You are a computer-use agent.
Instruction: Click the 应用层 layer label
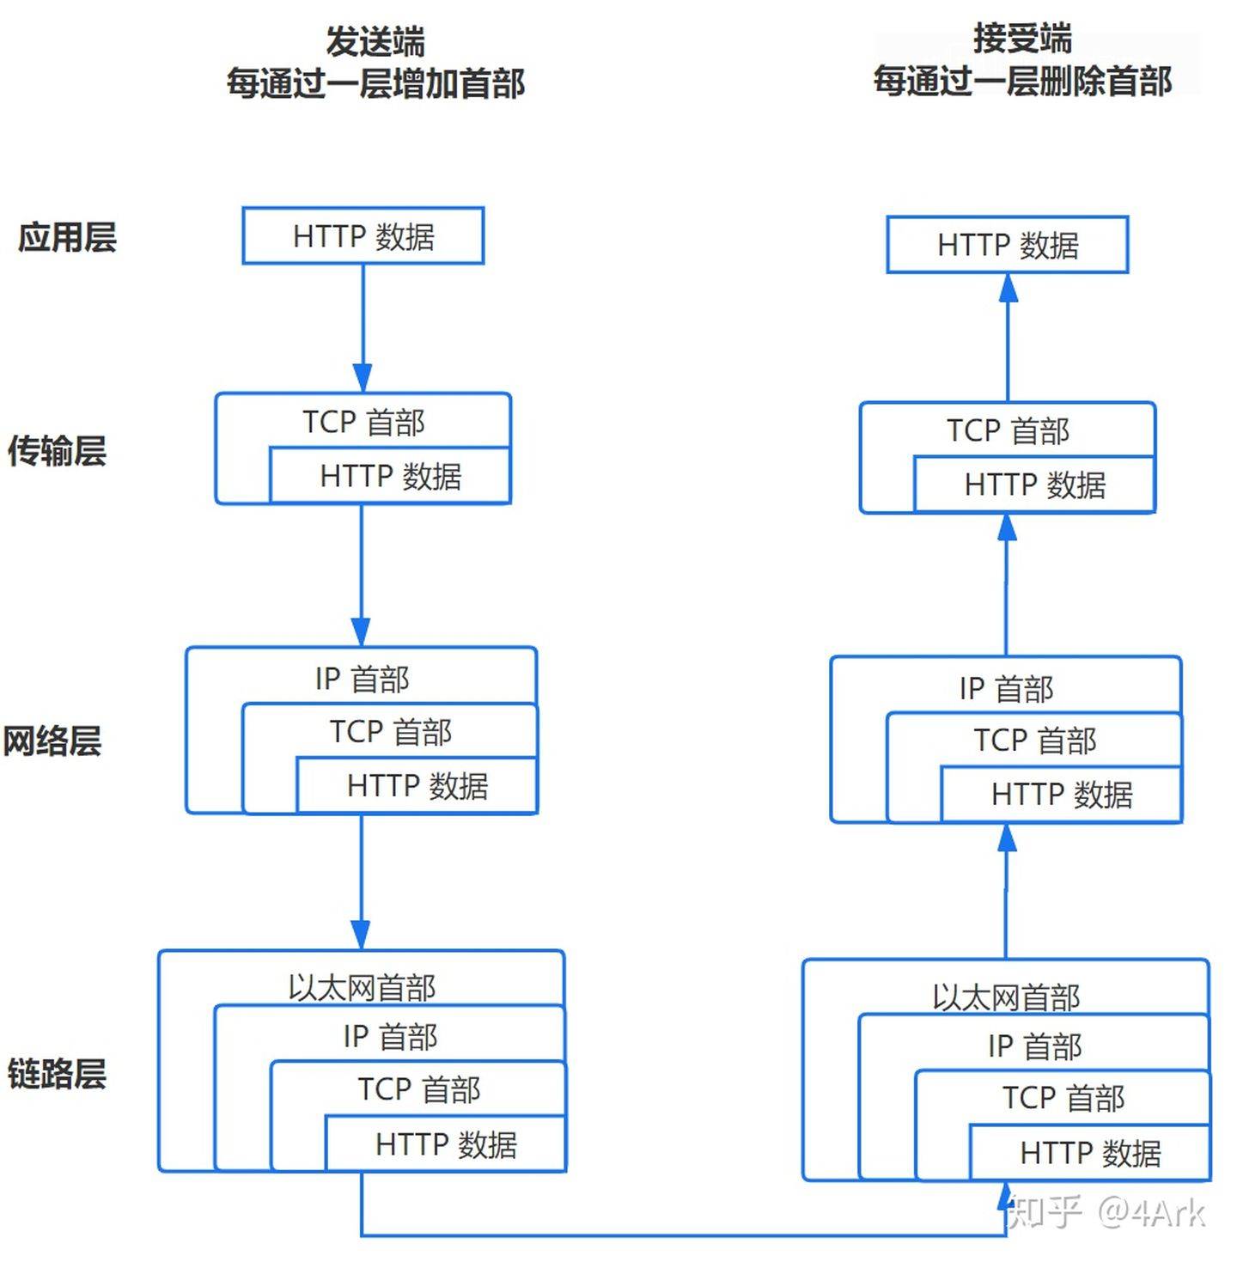pyautogui.click(x=67, y=237)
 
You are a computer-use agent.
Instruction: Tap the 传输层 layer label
pyautogui.click(x=57, y=450)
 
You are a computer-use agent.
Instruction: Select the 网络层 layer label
pyautogui.click(x=52, y=741)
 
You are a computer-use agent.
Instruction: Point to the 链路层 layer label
pyautogui.click(x=57, y=1074)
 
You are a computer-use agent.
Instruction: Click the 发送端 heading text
pyautogui.click(x=375, y=41)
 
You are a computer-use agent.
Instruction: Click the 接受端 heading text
pyautogui.click(x=1022, y=39)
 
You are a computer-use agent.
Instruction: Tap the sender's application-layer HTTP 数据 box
pyautogui.click(x=363, y=236)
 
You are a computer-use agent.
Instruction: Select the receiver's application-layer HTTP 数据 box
pyautogui.click(x=1008, y=245)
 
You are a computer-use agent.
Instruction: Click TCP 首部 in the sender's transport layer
pyautogui.click(x=363, y=422)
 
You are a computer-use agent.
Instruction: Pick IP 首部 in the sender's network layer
pyautogui.click(x=362, y=679)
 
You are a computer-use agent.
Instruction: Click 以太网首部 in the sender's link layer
pyautogui.click(x=362, y=987)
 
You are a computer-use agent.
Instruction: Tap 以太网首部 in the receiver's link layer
pyautogui.click(x=1006, y=997)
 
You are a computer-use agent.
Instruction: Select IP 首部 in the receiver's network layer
pyautogui.click(x=1006, y=688)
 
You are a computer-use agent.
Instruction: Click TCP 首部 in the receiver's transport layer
pyautogui.click(x=1008, y=430)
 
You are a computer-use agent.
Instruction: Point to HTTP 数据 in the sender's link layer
pyautogui.click(x=446, y=1144)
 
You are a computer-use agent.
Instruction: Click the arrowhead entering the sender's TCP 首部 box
pyautogui.click(x=363, y=378)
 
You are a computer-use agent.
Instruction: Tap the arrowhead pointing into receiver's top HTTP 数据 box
pyautogui.click(x=1008, y=288)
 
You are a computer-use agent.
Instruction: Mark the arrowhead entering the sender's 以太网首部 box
pyautogui.click(x=361, y=935)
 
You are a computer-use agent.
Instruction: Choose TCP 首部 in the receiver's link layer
pyautogui.click(x=1063, y=1098)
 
